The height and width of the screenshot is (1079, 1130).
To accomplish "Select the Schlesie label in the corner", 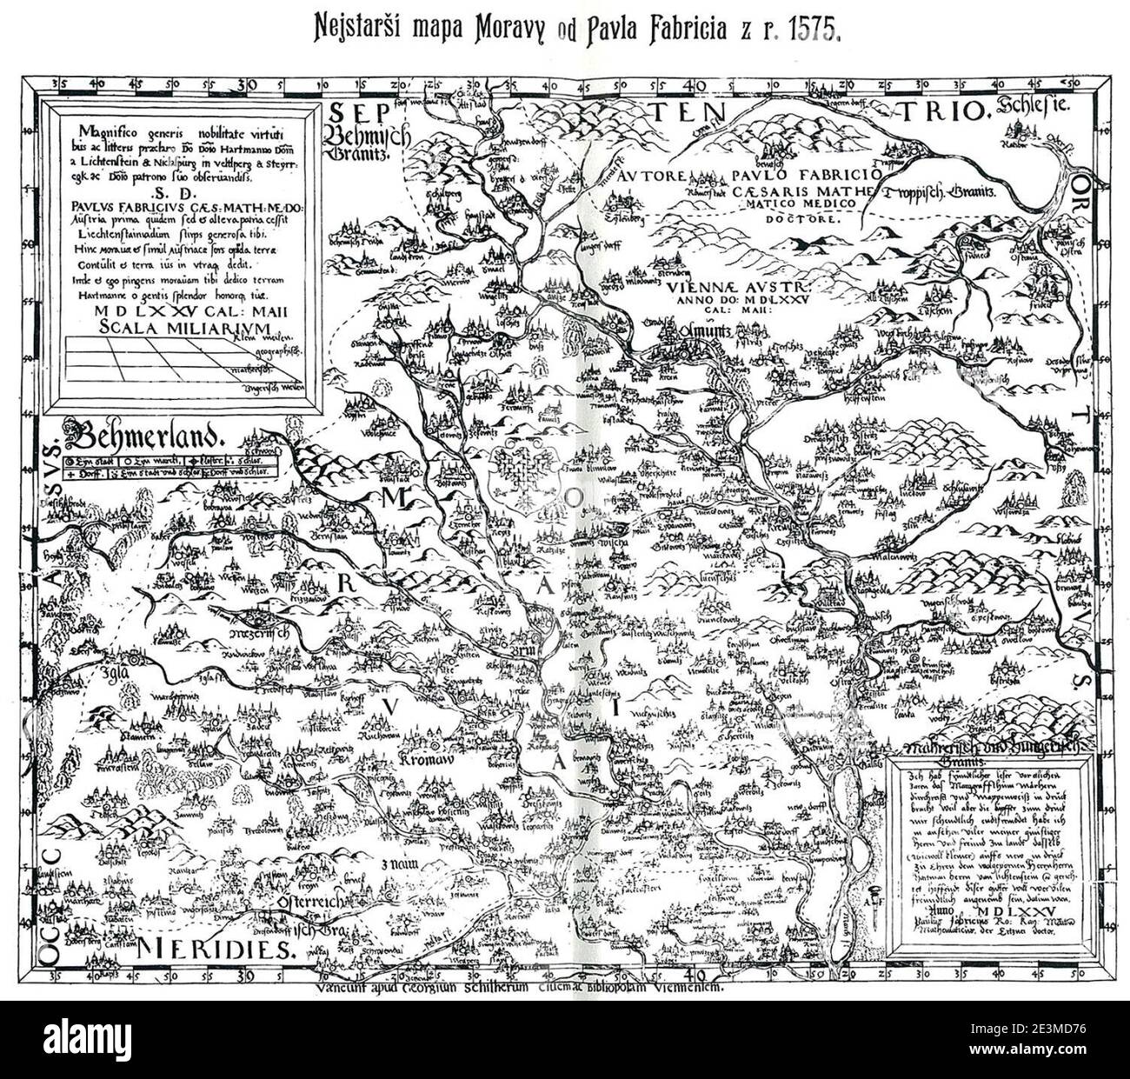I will (1035, 110).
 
